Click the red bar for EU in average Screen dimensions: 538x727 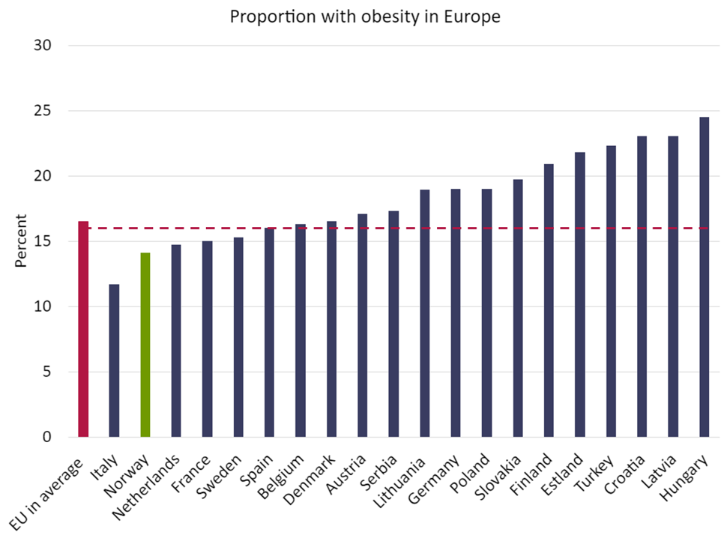83,330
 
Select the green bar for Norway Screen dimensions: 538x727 145,345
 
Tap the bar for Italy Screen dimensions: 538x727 114,360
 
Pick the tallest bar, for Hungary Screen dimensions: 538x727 704,277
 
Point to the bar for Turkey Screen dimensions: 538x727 611,291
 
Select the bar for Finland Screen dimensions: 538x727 549,300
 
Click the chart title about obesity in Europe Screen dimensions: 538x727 365,16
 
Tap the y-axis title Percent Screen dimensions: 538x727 20,241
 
